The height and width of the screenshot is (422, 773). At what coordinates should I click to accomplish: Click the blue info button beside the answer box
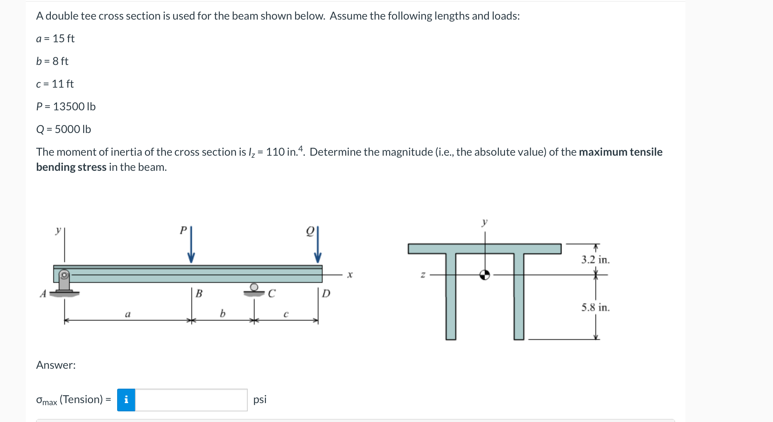[126, 400]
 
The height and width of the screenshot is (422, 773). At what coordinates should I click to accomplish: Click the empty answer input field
[191, 400]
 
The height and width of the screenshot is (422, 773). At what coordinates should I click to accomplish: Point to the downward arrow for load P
[191, 246]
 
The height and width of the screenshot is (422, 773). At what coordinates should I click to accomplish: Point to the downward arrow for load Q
[318, 246]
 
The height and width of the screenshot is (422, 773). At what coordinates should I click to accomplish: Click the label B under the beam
[199, 293]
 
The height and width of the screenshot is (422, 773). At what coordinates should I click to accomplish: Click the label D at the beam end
[326, 293]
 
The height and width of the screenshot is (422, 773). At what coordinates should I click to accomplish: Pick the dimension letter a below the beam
[128, 314]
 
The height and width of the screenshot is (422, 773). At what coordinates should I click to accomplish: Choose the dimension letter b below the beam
[223, 313]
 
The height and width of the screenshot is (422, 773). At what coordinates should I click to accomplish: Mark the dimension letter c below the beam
[286, 314]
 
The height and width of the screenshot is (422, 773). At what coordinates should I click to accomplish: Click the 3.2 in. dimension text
[595, 260]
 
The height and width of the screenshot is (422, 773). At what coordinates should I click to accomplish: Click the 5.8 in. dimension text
[595, 307]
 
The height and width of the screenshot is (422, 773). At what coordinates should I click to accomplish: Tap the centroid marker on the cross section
[485, 275]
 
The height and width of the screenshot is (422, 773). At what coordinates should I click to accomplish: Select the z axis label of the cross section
[423, 275]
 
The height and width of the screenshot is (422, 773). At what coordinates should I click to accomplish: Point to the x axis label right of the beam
[350, 275]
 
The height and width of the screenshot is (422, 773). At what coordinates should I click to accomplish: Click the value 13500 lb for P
[74, 107]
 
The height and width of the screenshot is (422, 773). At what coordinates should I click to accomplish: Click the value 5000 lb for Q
[73, 129]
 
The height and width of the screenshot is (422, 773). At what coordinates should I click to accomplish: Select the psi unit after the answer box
[260, 399]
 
